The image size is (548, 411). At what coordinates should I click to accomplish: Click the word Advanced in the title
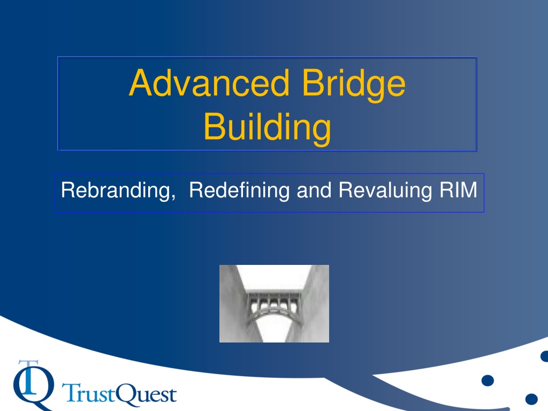tap(209, 83)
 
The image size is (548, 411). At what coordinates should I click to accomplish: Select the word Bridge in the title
tap(354, 85)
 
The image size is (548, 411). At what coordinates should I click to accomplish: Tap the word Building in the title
tap(268, 128)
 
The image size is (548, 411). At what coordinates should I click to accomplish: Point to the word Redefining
tap(239, 191)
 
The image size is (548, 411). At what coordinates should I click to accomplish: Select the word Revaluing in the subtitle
tap(385, 191)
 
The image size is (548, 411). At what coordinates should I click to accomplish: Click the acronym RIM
tap(458, 190)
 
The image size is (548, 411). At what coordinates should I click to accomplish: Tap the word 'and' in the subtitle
tap(314, 190)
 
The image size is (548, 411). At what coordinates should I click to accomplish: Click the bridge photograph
tap(275, 304)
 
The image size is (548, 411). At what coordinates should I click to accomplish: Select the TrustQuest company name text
tap(119, 394)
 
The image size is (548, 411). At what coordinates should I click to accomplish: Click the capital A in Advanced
tap(141, 82)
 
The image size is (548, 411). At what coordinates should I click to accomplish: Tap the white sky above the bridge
tap(275, 277)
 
